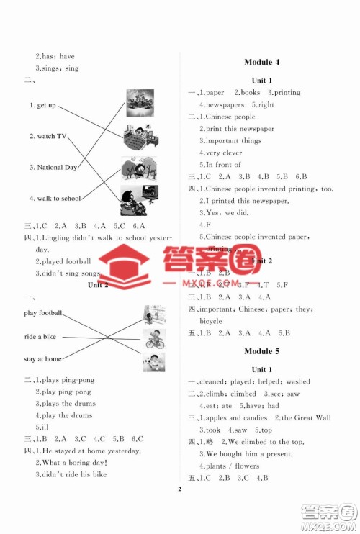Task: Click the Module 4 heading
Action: click(x=266, y=63)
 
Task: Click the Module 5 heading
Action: click(x=266, y=351)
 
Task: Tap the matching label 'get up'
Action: click(x=42, y=106)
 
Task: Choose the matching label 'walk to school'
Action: click(x=55, y=198)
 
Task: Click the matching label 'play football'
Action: click(x=43, y=313)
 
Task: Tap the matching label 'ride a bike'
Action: click(x=40, y=336)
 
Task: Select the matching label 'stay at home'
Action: click(x=42, y=358)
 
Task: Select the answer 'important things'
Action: click(x=232, y=140)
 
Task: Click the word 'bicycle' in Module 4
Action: click(x=211, y=321)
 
